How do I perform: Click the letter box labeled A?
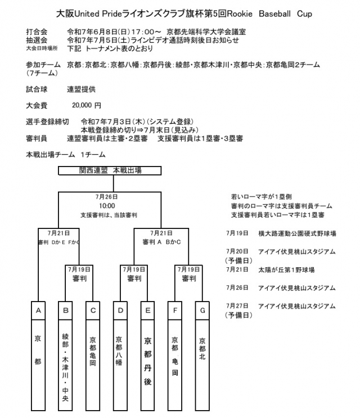[x=38, y=309]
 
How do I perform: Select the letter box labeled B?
[x=66, y=309]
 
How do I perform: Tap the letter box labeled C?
[x=93, y=309]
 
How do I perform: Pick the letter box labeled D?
[x=120, y=309]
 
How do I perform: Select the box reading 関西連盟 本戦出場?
[x=110, y=170]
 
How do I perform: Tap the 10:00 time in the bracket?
[x=110, y=206]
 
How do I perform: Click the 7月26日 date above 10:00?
[x=110, y=197]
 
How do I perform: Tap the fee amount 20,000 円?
[x=87, y=105]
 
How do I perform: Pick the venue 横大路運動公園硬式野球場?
[x=296, y=233]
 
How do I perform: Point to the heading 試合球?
[x=37, y=89]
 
